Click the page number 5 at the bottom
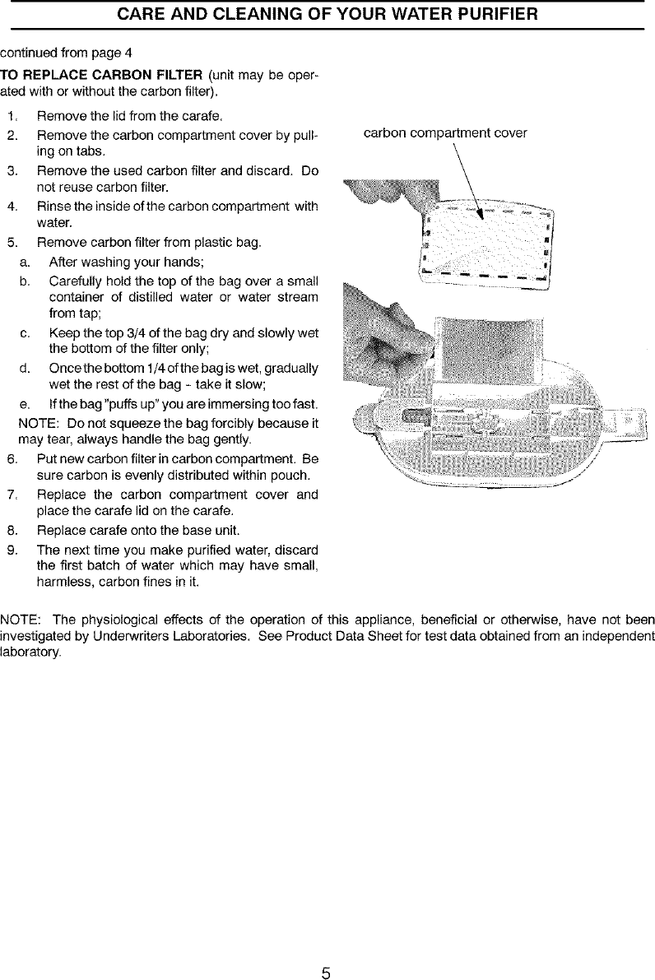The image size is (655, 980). [x=326, y=951]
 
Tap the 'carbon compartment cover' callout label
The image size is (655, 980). [x=445, y=133]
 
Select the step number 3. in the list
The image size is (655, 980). [x=12, y=171]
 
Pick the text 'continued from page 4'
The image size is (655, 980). [x=66, y=55]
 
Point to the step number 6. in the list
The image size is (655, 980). [x=12, y=458]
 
